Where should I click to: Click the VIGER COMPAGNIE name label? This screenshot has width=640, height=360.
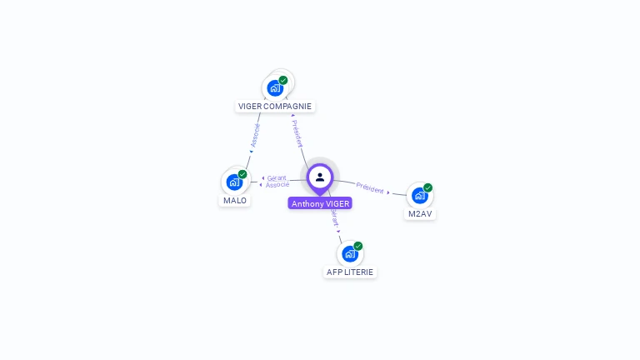275,106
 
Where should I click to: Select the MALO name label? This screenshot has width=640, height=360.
235,200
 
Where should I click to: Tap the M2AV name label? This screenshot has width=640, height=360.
420,213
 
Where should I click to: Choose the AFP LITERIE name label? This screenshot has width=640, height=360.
350,272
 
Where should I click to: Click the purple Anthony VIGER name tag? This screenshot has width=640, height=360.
320,203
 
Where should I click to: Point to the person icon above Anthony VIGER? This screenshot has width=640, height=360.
320,177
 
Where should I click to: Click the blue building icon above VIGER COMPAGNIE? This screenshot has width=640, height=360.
274,88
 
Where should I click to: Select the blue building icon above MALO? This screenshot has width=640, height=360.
234,182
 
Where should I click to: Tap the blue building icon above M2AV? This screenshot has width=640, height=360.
419,196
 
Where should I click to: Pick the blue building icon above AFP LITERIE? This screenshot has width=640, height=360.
349,253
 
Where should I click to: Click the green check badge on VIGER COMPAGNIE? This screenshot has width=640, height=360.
283,80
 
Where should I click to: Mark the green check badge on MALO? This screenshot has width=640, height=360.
242,174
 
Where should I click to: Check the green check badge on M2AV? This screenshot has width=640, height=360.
427,187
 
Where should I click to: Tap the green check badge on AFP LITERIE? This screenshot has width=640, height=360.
357,246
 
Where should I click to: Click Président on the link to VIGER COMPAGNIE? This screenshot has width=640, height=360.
297,133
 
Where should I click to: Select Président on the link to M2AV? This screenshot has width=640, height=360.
370,187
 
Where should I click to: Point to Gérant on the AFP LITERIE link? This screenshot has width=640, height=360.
334,218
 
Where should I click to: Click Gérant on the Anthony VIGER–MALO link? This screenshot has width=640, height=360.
277,177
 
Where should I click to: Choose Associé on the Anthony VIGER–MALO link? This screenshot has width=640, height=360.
277,184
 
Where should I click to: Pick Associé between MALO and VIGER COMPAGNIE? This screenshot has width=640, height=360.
255,135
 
